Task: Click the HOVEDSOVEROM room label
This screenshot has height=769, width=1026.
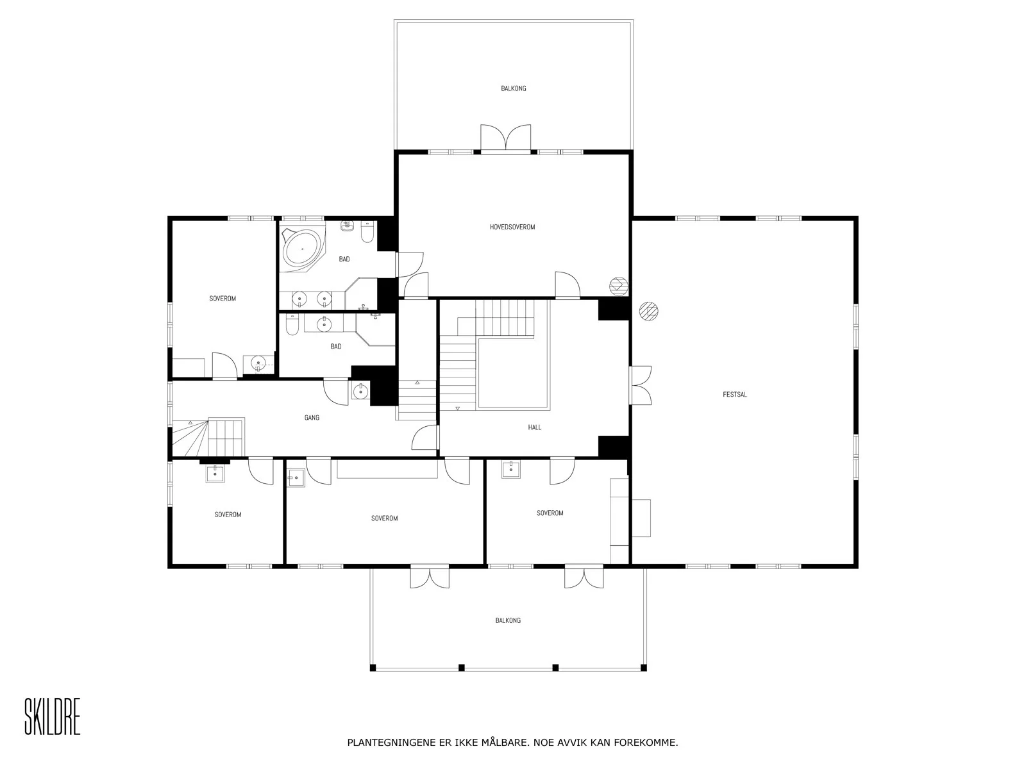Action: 512,227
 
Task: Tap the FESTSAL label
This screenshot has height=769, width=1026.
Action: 735,395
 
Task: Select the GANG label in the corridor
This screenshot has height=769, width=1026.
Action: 312,417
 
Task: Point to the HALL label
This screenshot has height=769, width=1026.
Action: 535,427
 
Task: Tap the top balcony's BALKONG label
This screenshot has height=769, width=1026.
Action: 514,88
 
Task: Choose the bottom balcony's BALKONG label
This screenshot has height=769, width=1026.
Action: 508,620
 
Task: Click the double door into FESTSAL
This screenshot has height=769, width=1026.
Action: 640,385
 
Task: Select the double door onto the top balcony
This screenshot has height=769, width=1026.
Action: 506,138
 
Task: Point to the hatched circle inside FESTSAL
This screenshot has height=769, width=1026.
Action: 649,311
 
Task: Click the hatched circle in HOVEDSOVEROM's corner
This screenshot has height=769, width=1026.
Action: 619,286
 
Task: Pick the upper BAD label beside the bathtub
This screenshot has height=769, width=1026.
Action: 344,259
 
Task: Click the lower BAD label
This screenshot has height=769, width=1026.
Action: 336,347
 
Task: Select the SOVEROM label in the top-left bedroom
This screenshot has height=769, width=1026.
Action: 223,299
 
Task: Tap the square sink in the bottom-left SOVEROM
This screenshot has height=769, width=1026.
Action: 215,474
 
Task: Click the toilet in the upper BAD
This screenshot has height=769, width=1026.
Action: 368,232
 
